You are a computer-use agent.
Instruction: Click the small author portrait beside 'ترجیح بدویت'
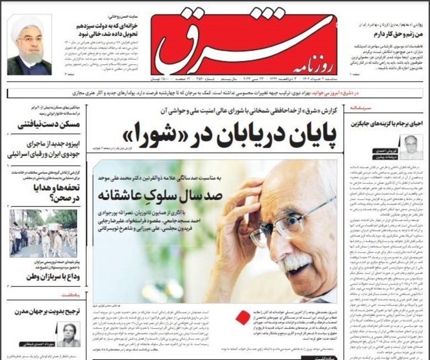pyautogui.click(x=68, y=334)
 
